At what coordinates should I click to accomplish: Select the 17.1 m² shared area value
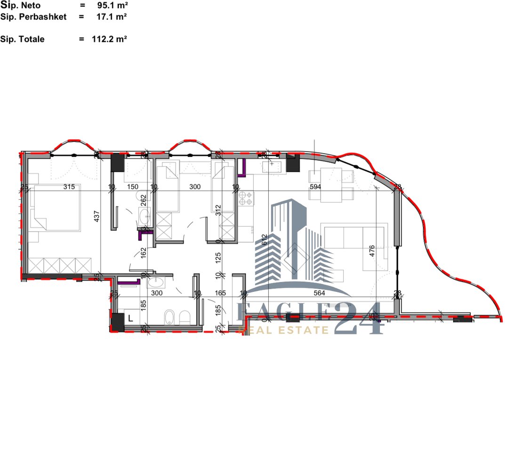point(109,17)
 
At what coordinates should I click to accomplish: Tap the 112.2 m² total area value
point(109,40)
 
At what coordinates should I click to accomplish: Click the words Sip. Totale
point(23,40)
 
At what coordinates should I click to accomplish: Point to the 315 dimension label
point(69,187)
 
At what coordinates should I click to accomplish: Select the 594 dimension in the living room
point(316,187)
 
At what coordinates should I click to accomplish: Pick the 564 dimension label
point(319,293)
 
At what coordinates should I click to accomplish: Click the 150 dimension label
point(134,187)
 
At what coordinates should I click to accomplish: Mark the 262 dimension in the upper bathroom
point(144,201)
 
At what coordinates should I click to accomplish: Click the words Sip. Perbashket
point(33,17)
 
